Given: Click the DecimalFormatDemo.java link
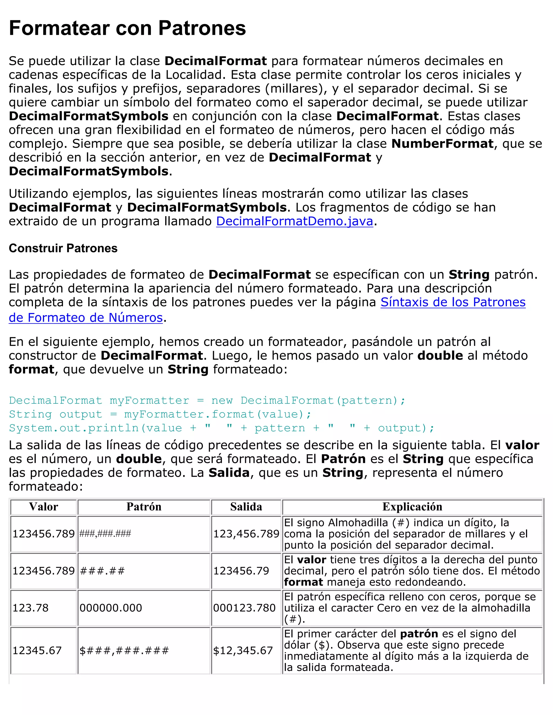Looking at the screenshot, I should pos(295,221).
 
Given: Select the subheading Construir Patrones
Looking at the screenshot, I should pos(63,248).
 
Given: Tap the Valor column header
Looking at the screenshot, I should pos(43,507).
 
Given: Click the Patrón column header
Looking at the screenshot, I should pos(144,507).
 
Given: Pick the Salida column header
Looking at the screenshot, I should pos(246,507).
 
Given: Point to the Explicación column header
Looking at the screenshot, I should pos(412,507).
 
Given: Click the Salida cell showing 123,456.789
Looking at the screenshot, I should pos(246,534).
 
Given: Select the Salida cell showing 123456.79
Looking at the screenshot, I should pos(241,571).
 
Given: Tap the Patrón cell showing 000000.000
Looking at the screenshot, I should pos(111,608).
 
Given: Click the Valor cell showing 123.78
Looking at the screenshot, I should pos(31,608).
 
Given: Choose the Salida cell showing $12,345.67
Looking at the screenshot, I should pos(243,650).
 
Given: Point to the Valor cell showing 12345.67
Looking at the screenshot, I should pos(37,650).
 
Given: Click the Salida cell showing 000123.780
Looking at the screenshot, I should pos(244,608).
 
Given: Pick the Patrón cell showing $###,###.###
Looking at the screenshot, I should pos(124,650).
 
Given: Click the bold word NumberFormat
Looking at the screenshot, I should pos(442,144).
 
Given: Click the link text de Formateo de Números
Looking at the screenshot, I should pos(86,318).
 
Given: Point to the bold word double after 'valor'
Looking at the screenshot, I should pos(440,356).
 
